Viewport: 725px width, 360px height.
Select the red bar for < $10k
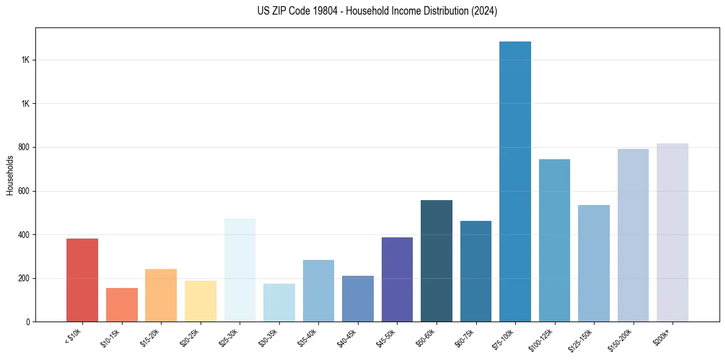(82, 280)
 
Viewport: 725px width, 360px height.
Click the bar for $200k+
(673, 232)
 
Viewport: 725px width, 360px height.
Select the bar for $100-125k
(554, 240)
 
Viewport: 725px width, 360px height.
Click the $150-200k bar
(633, 235)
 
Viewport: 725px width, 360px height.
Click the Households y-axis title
(10, 175)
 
